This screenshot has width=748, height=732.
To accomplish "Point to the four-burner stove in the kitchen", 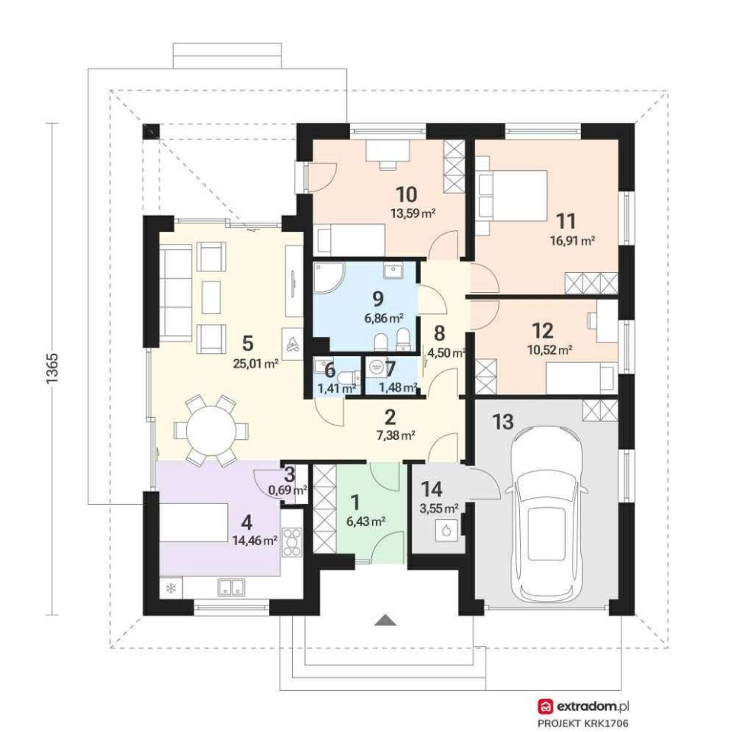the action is click(x=291, y=543).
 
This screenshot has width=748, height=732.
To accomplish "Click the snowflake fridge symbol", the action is click(x=170, y=589).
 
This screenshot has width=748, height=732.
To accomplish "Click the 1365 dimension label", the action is click(x=52, y=368).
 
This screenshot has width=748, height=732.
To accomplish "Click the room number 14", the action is click(x=432, y=489).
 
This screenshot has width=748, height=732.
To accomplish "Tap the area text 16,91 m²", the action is click(x=573, y=240).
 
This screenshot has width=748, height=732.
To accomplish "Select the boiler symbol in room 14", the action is click(x=447, y=531).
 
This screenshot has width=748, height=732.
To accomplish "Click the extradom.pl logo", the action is click(x=583, y=707).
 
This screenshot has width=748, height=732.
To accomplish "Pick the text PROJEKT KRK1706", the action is click(x=583, y=724).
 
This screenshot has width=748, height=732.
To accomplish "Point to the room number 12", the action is click(x=542, y=330).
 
